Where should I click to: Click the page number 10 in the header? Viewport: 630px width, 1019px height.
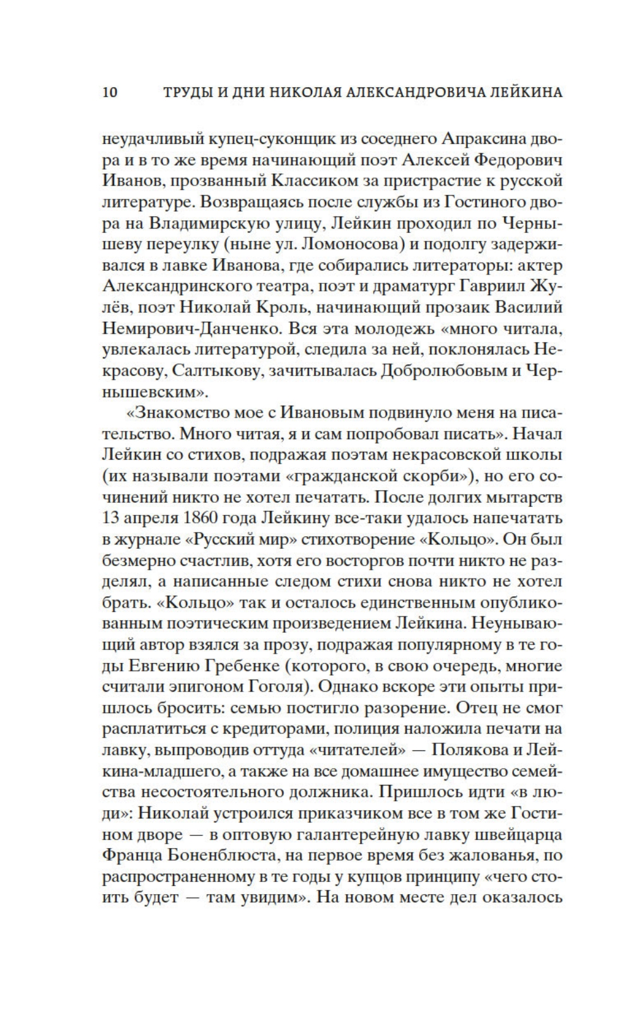[x=109, y=93]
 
